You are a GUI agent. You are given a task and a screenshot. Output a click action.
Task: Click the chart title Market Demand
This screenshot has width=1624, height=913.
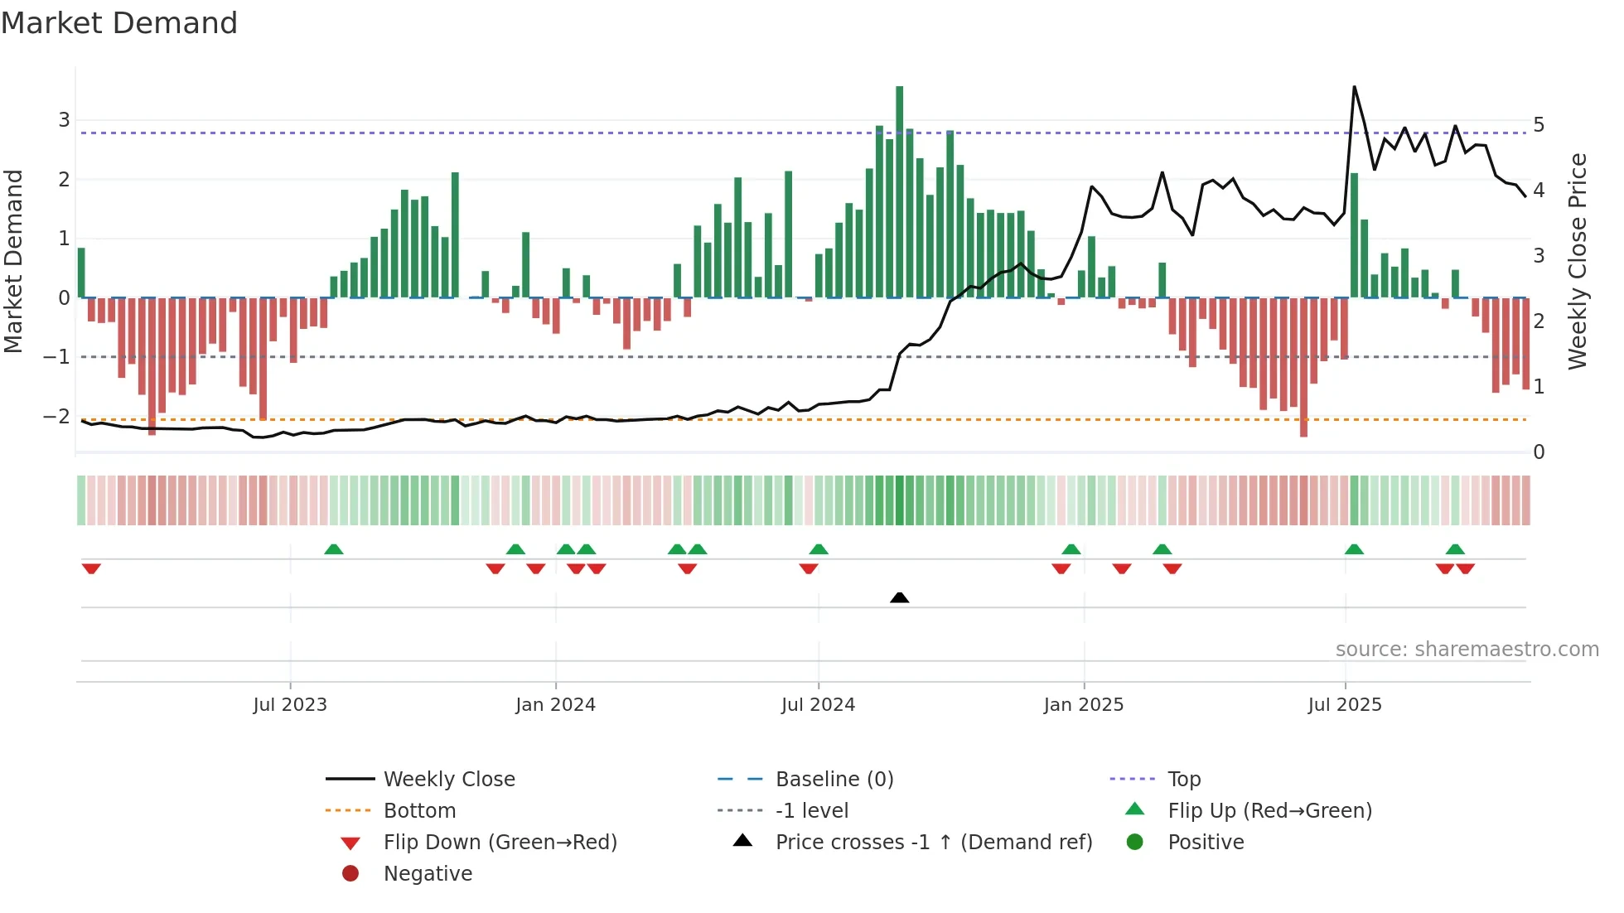click(x=119, y=23)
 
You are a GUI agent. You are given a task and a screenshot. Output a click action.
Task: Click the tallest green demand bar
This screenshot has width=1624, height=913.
click(x=899, y=191)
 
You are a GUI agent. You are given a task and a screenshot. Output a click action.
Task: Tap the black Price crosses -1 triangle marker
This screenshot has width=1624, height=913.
click(x=899, y=597)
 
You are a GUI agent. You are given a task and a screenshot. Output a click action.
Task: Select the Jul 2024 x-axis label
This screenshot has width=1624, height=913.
click(x=818, y=705)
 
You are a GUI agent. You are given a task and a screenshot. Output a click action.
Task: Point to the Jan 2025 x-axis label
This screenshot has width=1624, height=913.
click(x=1083, y=705)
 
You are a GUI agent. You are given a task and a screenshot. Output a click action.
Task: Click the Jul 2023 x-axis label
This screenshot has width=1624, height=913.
click(x=290, y=705)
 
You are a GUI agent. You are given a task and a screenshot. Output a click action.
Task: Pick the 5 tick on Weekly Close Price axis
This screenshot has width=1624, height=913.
click(x=1539, y=125)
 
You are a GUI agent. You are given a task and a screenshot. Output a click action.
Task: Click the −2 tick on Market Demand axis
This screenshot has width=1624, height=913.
click(x=57, y=417)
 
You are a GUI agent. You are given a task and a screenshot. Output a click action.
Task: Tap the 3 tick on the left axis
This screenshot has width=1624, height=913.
click(x=64, y=120)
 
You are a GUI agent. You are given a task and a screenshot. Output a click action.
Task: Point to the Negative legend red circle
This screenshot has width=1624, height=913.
click(x=350, y=874)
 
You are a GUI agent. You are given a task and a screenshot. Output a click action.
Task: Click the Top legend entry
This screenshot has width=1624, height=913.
click(x=1183, y=780)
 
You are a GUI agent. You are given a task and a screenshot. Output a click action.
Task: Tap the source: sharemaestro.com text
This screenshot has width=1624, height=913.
click(x=1467, y=650)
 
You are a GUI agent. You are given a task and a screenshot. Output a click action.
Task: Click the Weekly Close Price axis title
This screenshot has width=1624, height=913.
click(x=1578, y=261)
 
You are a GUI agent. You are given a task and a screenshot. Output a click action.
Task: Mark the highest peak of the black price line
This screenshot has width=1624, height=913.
click(x=1354, y=87)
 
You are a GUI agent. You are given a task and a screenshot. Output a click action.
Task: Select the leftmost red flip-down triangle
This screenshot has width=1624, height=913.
click(x=91, y=568)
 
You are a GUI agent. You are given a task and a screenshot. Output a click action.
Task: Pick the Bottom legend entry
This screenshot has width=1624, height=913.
click(x=419, y=811)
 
